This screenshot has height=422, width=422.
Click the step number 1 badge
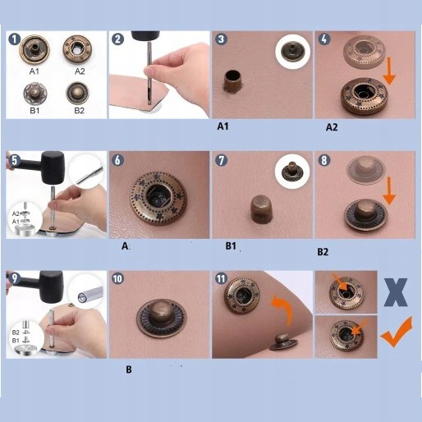tap(14, 39)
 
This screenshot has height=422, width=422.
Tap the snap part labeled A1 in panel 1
tap(34, 49)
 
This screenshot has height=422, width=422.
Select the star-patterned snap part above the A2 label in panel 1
tap(77, 48)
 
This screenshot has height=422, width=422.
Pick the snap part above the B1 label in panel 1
tap(35, 94)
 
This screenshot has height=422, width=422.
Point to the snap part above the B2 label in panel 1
tap(78, 93)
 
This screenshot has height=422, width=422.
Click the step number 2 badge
tap(118, 39)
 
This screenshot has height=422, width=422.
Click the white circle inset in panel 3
tap(292, 52)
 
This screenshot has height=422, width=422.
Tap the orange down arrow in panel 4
tap(390, 71)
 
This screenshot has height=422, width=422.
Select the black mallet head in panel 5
tap(53, 167)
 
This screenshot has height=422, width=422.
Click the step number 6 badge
tap(117, 160)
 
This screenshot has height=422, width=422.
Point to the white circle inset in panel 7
tap(292, 171)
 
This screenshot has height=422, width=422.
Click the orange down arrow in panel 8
tap(389, 191)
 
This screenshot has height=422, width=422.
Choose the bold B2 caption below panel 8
tap(323, 252)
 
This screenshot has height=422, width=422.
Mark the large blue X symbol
tap(396, 292)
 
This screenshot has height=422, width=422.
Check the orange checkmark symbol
tap(397, 333)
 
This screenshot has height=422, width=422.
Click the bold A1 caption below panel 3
tap(222, 126)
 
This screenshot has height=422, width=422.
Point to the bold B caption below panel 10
tap(129, 369)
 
